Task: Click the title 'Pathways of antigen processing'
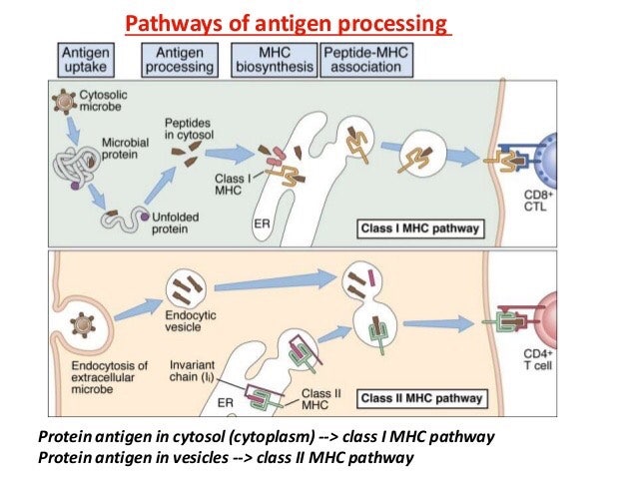288,22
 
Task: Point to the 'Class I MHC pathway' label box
420,229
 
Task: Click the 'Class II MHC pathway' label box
422,398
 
